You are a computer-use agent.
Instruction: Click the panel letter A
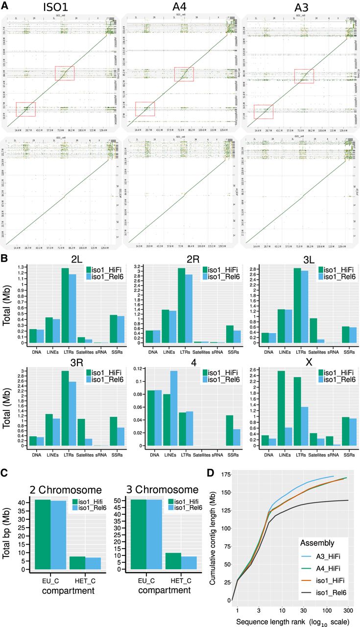[5, 5]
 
